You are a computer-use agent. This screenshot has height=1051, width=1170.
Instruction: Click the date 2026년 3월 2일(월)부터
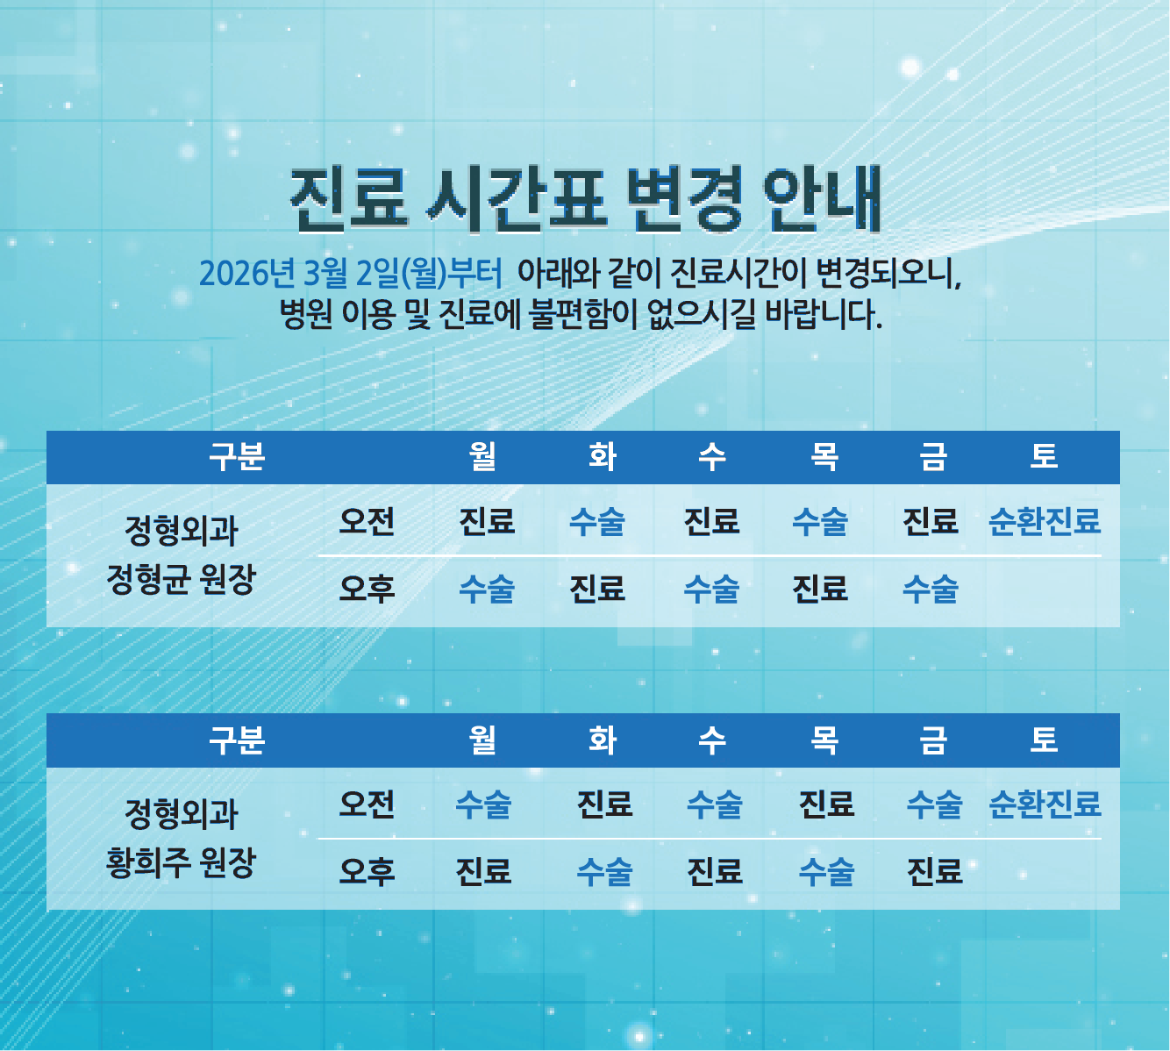[x=351, y=273]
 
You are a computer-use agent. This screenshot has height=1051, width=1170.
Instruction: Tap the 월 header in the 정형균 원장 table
[x=483, y=456]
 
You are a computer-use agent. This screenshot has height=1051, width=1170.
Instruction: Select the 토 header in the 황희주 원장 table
[x=1044, y=740]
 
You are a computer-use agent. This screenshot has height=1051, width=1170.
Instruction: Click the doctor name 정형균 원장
[x=181, y=579]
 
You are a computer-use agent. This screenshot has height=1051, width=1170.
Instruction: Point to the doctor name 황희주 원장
[x=181, y=862]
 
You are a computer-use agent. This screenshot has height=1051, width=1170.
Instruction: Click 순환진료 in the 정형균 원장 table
[x=1044, y=521]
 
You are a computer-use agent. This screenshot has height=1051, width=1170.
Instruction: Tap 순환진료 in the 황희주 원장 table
[x=1044, y=804]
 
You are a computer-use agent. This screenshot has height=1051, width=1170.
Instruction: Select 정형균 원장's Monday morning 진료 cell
[x=487, y=521]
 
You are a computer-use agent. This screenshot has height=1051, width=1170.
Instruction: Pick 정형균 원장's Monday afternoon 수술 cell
[x=487, y=588]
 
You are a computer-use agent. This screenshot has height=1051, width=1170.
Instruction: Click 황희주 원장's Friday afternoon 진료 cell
[x=934, y=871]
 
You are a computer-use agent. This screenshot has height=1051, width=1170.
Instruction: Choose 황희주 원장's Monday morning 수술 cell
[x=483, y=804]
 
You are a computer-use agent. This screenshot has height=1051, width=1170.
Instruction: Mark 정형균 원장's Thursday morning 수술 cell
[x=820, y=521]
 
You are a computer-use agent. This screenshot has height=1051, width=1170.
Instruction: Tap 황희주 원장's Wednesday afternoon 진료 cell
[x=714, y=871]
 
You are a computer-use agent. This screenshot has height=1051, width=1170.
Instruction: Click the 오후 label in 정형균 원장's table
[x=367, y=588]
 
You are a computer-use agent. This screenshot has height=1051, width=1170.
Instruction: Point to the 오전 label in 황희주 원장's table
[x=367, y=804]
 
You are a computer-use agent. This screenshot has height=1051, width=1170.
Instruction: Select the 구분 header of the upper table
[x=237, y=456]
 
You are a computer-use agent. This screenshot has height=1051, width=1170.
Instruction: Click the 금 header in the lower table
[x=933, y=740]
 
